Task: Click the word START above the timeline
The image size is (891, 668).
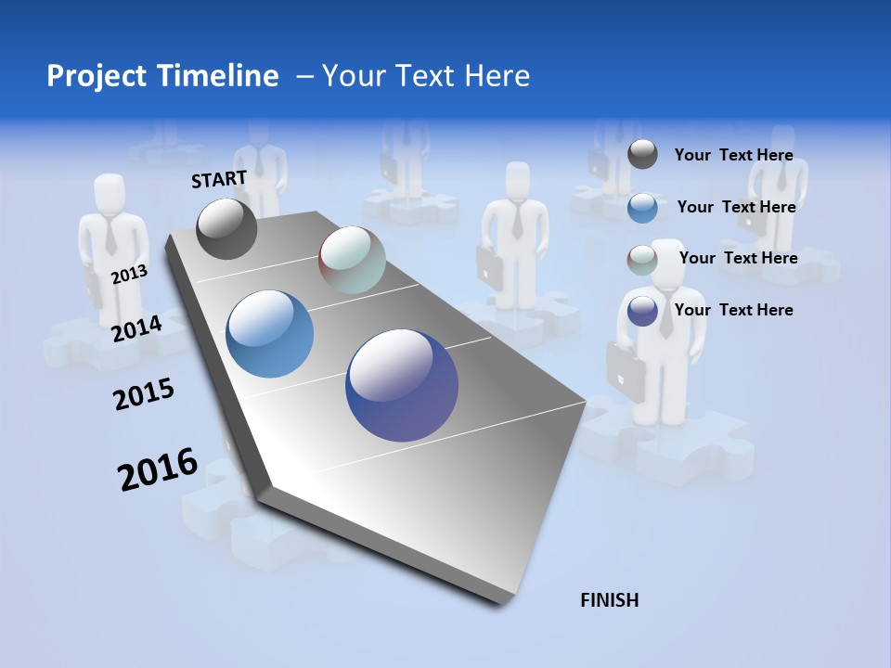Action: pyautogui.click(x=219, y=179)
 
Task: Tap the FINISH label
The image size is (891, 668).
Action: pyautogui.click(x=609, y=600)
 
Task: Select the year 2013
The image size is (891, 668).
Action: pyautogui.click(x=129, y=275)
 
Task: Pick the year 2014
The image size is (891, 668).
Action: pyautogui.click(x=136, y=328)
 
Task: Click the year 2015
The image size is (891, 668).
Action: pyautogui.click(x=144, y=395)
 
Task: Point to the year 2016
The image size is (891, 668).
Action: pyautogui.click(x=158, y=469)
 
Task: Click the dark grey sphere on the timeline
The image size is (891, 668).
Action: pyautogui.click(x=227, y=229)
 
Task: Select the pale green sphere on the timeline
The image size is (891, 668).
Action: pyautogui.click(x=352, y=260)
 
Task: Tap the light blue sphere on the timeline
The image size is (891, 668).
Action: pyautogui.click(x=269, y=334)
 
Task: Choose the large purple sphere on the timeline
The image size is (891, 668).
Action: pyautogui.click(x=402, y=385)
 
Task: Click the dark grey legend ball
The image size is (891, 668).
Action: pyautogui.click(x=642, y=154)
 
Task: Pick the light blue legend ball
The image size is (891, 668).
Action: pyautogui.click(x=642, y=208)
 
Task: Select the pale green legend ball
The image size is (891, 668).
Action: pyautogui.click(x=642, y=260)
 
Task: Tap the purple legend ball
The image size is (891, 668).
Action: pyautogui.click(x=642, y=311)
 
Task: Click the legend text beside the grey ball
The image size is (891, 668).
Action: pyautogui.click(x=733, y=155)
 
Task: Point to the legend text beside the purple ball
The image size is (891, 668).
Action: pyautogui.click(x=733, y=310)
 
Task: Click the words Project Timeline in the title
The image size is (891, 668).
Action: pyautogui.click(x=162, y=76)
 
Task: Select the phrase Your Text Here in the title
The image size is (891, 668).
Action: pyautogui.click(x=426, y=76)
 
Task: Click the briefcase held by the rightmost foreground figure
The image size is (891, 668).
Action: pyautogui.click(x=626, y=371)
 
